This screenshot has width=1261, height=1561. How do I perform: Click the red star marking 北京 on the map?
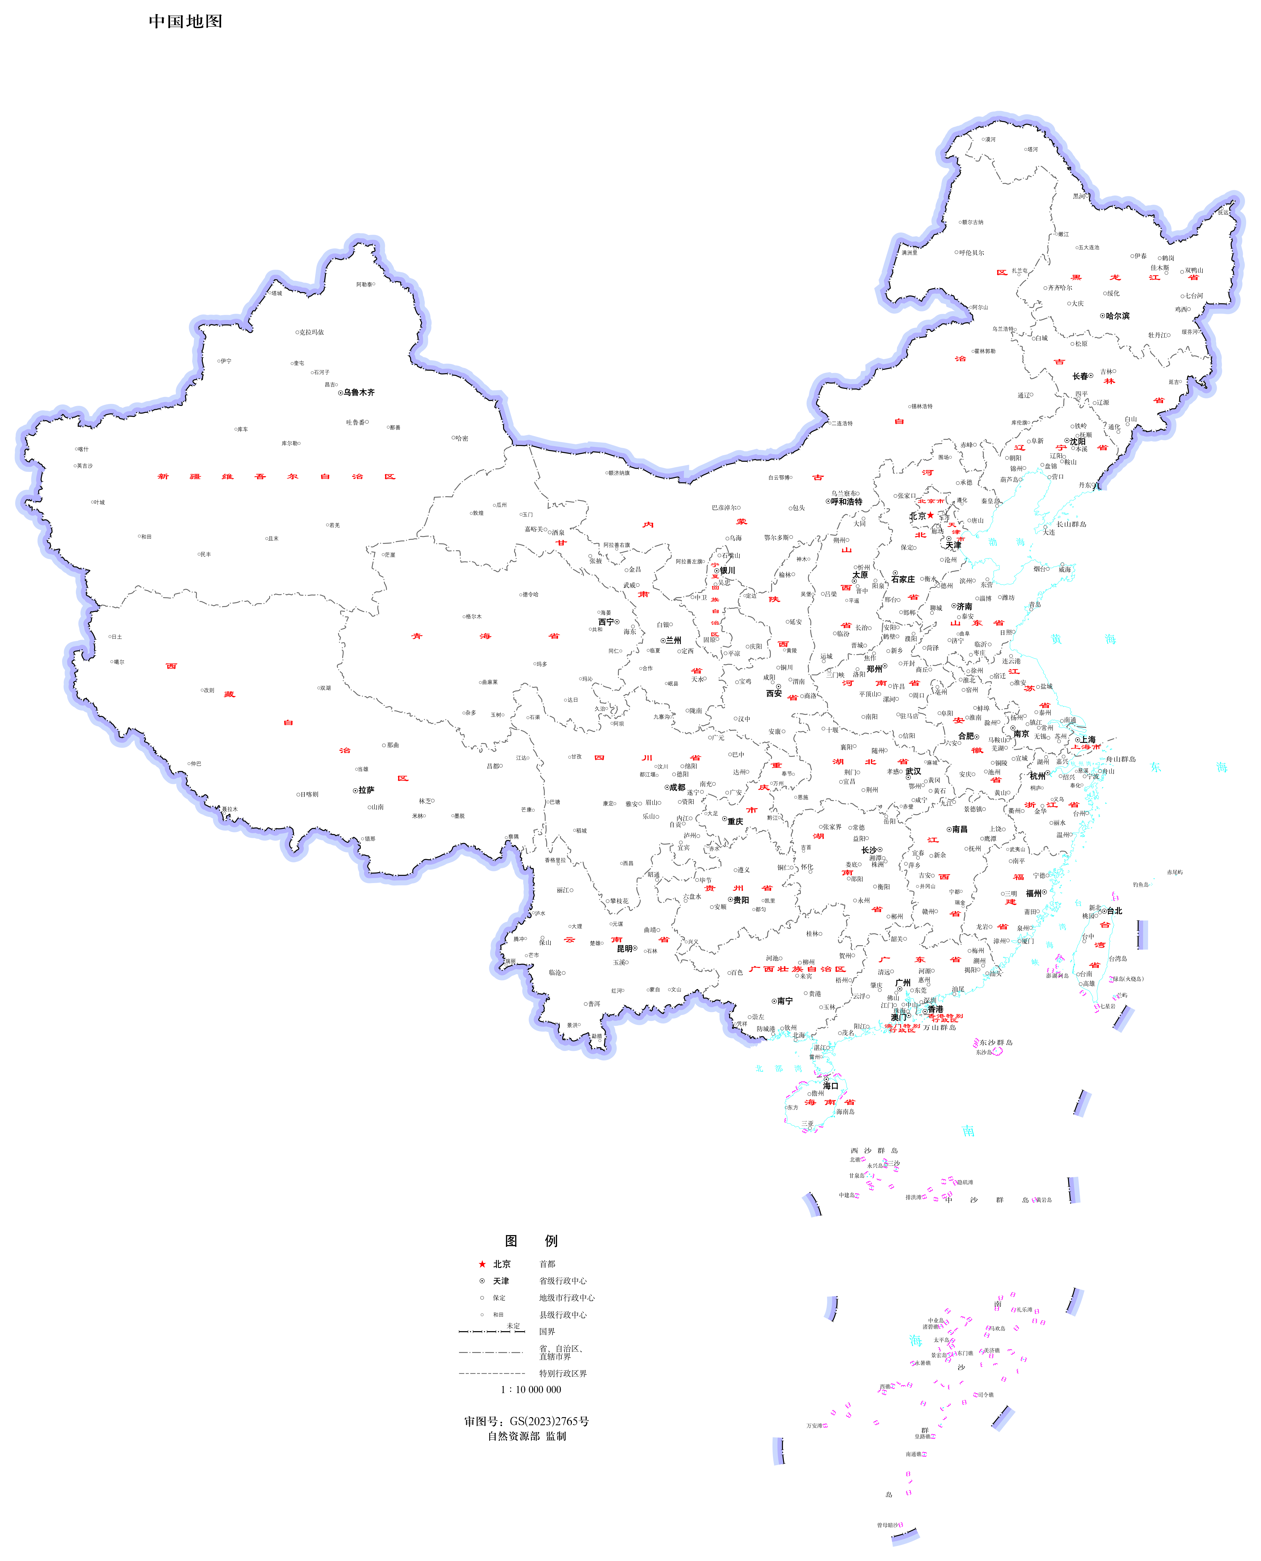931,515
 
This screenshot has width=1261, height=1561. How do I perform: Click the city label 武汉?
913,771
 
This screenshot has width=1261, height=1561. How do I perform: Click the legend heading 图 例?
531,1241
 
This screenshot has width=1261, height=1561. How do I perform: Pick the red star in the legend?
482,1264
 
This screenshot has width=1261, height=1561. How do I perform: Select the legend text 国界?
547,1332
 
